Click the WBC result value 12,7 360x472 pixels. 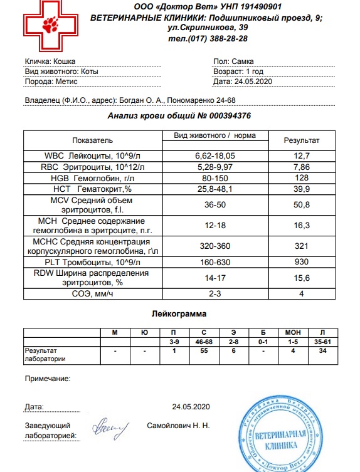(302, 155)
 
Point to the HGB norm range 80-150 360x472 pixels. (214, 178)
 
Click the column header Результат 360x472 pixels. (302, 140)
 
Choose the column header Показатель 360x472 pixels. (92, 140)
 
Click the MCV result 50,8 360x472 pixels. (302, 204)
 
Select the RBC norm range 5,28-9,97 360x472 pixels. (214, 167)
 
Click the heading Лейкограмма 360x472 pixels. (180, 312)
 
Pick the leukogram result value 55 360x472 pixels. (201, 352)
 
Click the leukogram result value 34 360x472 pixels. (321, 352)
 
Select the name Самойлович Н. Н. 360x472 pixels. (177, 426)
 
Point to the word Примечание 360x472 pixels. (47, 379)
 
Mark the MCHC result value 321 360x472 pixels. (302, 244)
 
